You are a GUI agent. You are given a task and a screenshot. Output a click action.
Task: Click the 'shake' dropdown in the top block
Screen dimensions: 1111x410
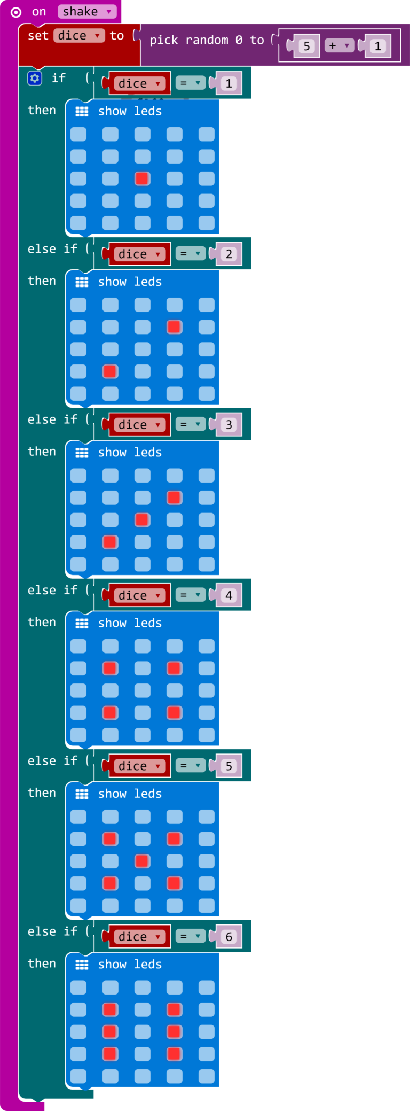pos(86,12)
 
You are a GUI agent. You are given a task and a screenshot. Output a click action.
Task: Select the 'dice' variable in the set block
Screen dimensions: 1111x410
pos(79,36)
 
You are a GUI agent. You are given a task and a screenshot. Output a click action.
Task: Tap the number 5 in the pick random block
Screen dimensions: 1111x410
pos(306,46)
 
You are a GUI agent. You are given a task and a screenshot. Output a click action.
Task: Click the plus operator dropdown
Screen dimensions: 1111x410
pos(339,46)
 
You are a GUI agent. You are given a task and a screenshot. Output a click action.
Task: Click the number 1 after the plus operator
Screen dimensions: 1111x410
pos(378,46)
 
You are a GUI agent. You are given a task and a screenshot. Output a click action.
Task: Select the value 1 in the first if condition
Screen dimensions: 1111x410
pos(229,83)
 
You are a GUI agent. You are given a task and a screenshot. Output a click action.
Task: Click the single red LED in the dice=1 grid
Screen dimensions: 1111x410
pos(142,178)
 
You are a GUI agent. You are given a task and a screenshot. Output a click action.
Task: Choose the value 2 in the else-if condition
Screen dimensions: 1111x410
pos(229,254)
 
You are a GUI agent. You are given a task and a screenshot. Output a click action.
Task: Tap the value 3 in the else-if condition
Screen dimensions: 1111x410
pos(229,424)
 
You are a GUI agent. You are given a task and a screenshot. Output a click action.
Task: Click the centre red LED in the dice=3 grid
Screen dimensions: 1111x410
pos(142,519)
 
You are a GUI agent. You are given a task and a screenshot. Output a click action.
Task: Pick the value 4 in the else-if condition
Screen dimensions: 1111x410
pos(229,595)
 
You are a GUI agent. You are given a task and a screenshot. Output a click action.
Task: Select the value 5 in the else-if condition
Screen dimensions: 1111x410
pos(229,766)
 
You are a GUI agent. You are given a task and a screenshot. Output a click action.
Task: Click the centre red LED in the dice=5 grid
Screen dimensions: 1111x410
pos(142,861)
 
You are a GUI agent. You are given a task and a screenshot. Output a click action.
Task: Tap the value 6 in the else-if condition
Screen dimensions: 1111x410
pos(229,936)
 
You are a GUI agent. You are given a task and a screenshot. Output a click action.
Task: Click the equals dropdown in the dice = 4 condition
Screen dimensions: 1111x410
pos(190,595)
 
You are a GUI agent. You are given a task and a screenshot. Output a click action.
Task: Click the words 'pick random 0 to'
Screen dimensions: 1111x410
pos(207,40)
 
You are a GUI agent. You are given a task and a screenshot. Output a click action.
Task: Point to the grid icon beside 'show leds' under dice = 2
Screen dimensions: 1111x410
pos(82,282)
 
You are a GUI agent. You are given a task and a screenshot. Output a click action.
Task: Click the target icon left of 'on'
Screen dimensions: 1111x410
pos(16,12)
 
